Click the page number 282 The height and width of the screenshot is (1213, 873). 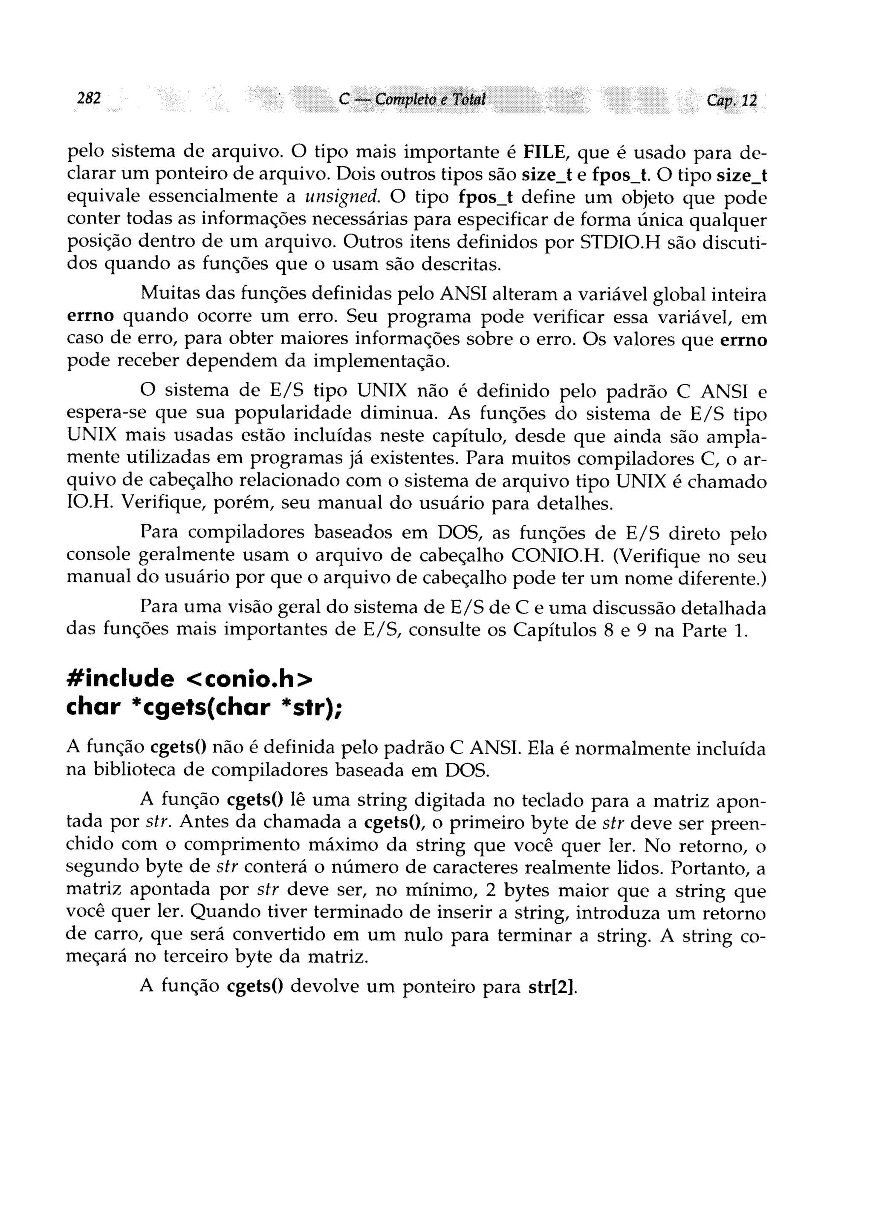click(89, 99)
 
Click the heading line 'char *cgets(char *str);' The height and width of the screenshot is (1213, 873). click(203, 708)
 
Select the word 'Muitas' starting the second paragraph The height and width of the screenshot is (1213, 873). click(169, 294)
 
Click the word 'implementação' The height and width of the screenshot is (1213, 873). click(381, 362)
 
